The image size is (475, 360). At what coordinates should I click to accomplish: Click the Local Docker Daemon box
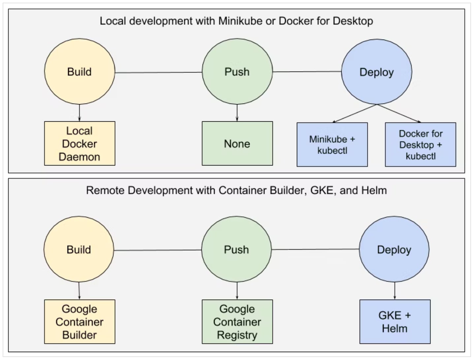(x=79, y=143)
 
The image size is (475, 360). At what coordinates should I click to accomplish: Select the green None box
(x=237, y=143)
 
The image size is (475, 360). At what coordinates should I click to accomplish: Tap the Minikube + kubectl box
(x=332, y=145)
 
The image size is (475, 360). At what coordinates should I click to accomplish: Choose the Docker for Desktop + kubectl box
(x=421, y=145)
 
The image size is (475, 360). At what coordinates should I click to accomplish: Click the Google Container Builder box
(x=79, y=321)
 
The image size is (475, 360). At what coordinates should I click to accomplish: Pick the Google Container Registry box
(x=237, y=321)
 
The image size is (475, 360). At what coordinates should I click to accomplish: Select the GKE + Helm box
(x=395, y=321)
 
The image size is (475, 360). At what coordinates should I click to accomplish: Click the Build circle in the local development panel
(x=79, y=72)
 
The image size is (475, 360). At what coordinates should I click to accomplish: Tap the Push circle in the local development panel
(x=237, y=72)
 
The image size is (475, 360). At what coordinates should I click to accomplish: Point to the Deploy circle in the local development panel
(x=377, y=72)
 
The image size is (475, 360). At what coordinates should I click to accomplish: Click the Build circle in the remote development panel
(x=79, y=249)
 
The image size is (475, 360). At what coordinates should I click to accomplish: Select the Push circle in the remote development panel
(x=236, y=249)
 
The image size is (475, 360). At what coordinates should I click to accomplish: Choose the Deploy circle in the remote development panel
(x=394, y=249)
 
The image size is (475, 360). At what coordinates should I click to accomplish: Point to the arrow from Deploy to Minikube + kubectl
(x=354, y=113)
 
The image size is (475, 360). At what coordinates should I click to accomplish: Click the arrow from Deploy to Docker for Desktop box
(x=399, y=113)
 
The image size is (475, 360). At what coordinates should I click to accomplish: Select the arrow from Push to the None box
(x=237, y=113)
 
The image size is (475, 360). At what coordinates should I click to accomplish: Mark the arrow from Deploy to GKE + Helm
(x=395, y=291)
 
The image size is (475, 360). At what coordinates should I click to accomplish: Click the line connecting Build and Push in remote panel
(x=158, y=250)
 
